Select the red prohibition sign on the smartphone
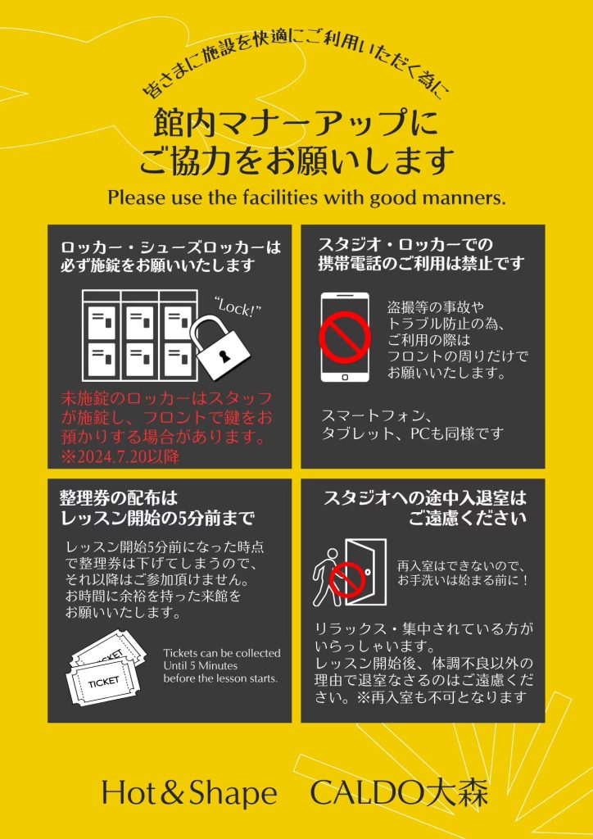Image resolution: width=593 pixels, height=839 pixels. pos(345,337)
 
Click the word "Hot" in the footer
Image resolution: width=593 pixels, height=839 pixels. pos(125,793)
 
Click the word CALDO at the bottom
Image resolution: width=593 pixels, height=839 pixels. pos(367,793)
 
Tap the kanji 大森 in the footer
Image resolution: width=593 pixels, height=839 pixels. pos(456,793)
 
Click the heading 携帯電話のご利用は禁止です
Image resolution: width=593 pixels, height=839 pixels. pos(421,263)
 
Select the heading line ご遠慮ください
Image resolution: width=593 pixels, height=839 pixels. pos(468,518)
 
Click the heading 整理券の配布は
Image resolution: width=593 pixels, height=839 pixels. pos(118,499)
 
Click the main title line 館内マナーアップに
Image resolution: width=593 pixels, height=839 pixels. pos(296,124)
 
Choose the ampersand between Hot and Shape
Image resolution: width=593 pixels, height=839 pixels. pos(170,794)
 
